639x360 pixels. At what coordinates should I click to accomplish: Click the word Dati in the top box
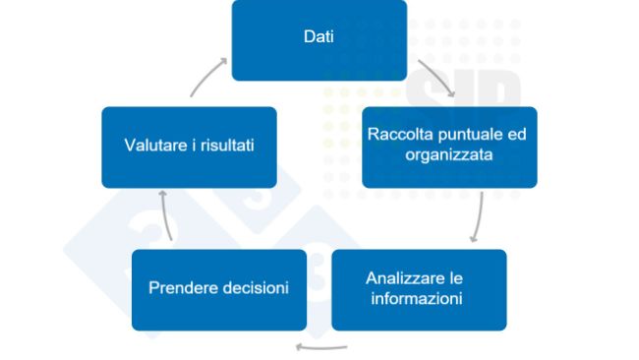pyautogui.click(x=319, y=37)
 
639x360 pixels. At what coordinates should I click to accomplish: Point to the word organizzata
pyautogui.click(x=449, y=154)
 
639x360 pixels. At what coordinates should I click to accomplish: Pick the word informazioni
pyautogui.click(x=417, y=298)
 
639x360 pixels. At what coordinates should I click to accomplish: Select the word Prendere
pyautogui.click(x=182, y=288)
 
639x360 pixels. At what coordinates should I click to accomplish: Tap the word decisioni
pyautogui.click(x=254, y=288)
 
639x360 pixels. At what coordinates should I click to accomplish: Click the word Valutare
pyautogui.click(x=157, y=146)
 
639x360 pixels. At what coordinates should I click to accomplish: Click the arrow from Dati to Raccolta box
pyautogui.click(x=436, y=81)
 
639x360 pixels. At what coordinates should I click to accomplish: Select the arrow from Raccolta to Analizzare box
pyautogui.click(x=479, y=217)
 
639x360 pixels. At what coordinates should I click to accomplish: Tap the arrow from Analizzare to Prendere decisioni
pyautogui.click(x=322, y=345)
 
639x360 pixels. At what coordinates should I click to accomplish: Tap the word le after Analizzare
pyautogui.click(x=454, y=278)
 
